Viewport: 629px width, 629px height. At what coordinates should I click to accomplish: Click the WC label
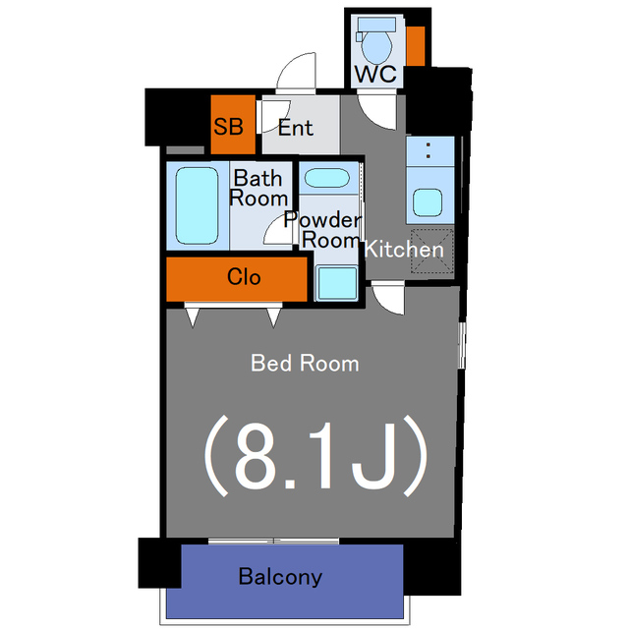pyautogui.click(x=376, y=75)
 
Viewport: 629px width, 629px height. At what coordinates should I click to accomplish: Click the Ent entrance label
pyautogui.click(x=295, y=128)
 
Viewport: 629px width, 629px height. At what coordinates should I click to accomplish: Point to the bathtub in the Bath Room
pyautogui.click(x=197, y=204)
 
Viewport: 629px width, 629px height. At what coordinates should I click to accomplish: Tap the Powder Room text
pyautogui.click(x=323, y=229)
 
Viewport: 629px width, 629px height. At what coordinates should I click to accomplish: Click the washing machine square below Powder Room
pyautogui.click(x=337, y=282)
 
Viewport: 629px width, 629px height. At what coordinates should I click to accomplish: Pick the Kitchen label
pyautogui.click(x=404, y=250)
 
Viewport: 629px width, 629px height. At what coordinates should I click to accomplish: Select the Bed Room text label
pyautogui.click(x=305, y=364)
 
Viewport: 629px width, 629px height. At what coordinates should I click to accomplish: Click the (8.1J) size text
pyautogui.click(x=314, y=455)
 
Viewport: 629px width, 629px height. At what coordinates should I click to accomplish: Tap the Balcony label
pyautogui.click(x=280, y=577)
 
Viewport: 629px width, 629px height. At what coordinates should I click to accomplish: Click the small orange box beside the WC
pyautogui.click(x=416, y=45)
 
